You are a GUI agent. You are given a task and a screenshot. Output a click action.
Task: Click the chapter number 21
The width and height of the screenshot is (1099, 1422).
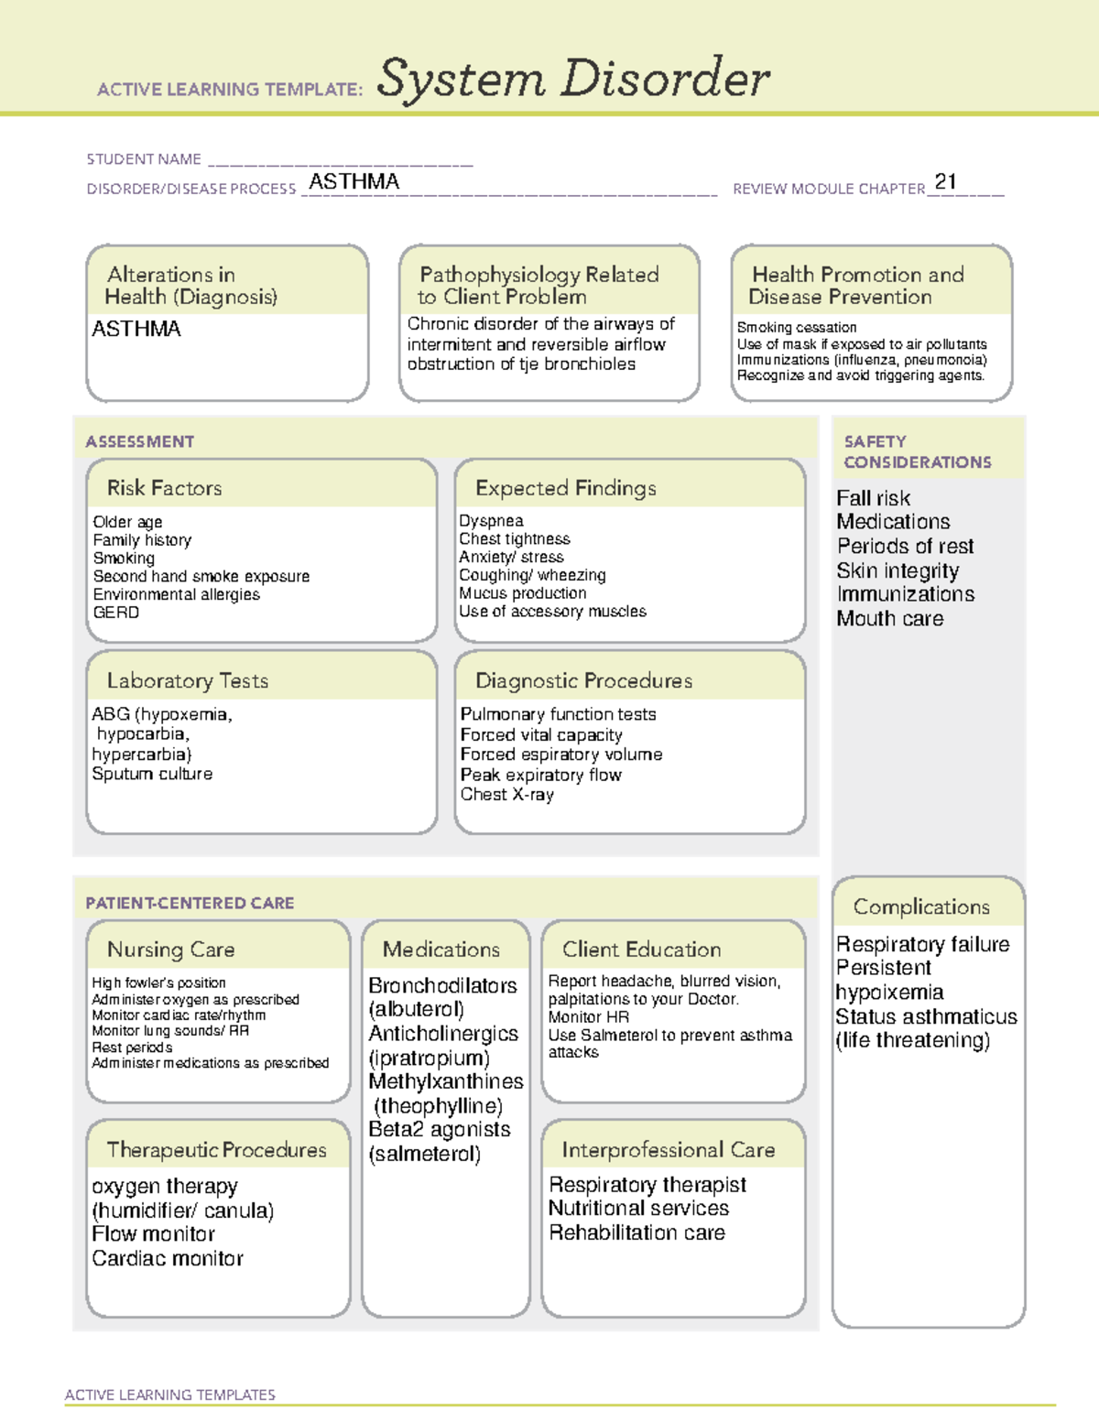click(945, 181)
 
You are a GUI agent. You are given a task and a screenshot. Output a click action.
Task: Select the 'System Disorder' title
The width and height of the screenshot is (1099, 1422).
click(572, 79)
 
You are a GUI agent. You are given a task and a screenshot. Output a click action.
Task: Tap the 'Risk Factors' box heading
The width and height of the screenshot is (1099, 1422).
click(164, 488)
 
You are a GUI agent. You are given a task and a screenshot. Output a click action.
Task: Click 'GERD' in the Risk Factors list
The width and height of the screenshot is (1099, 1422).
click(116, 613)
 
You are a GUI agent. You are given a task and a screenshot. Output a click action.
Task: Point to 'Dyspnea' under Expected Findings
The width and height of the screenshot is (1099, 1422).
click(491, 521)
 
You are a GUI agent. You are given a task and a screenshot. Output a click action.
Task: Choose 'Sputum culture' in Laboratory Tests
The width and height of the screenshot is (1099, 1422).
click(152, 774)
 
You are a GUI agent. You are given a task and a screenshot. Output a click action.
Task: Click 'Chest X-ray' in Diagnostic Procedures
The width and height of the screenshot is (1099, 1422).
click(506, 795)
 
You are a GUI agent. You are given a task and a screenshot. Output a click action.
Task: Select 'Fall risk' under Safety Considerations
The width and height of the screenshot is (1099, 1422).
click(873, 498)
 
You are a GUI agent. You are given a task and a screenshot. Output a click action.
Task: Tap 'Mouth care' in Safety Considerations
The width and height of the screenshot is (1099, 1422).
click(889, 619)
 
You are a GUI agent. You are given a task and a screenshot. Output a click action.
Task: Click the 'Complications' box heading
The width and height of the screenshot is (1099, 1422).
click(921, 906)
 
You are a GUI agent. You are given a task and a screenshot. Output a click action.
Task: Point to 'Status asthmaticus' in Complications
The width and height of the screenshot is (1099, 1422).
click(926, 1016)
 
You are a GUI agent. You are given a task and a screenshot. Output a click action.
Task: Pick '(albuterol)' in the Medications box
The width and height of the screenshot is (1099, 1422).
click(416, 1009)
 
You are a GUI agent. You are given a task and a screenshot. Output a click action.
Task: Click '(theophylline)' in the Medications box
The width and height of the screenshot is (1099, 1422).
click(438, 1106)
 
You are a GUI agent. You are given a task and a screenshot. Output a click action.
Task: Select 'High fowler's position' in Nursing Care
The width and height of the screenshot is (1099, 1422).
click(158, 982)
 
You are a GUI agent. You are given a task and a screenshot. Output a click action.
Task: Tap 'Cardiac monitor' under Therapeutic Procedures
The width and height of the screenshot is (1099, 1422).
click(168, 1259)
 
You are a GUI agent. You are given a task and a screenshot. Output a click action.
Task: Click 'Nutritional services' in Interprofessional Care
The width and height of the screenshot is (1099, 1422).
click(638, 1209)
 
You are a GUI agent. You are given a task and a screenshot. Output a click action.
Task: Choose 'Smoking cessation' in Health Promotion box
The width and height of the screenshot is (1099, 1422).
click(797, 328)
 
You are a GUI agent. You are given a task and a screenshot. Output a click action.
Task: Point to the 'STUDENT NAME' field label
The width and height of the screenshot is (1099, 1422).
click(144, 159)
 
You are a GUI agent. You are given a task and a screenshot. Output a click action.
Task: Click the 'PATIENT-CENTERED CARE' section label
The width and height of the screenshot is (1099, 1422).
click(190, 903)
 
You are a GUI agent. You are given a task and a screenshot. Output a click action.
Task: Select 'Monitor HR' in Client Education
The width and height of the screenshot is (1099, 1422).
click(588, 1017)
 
